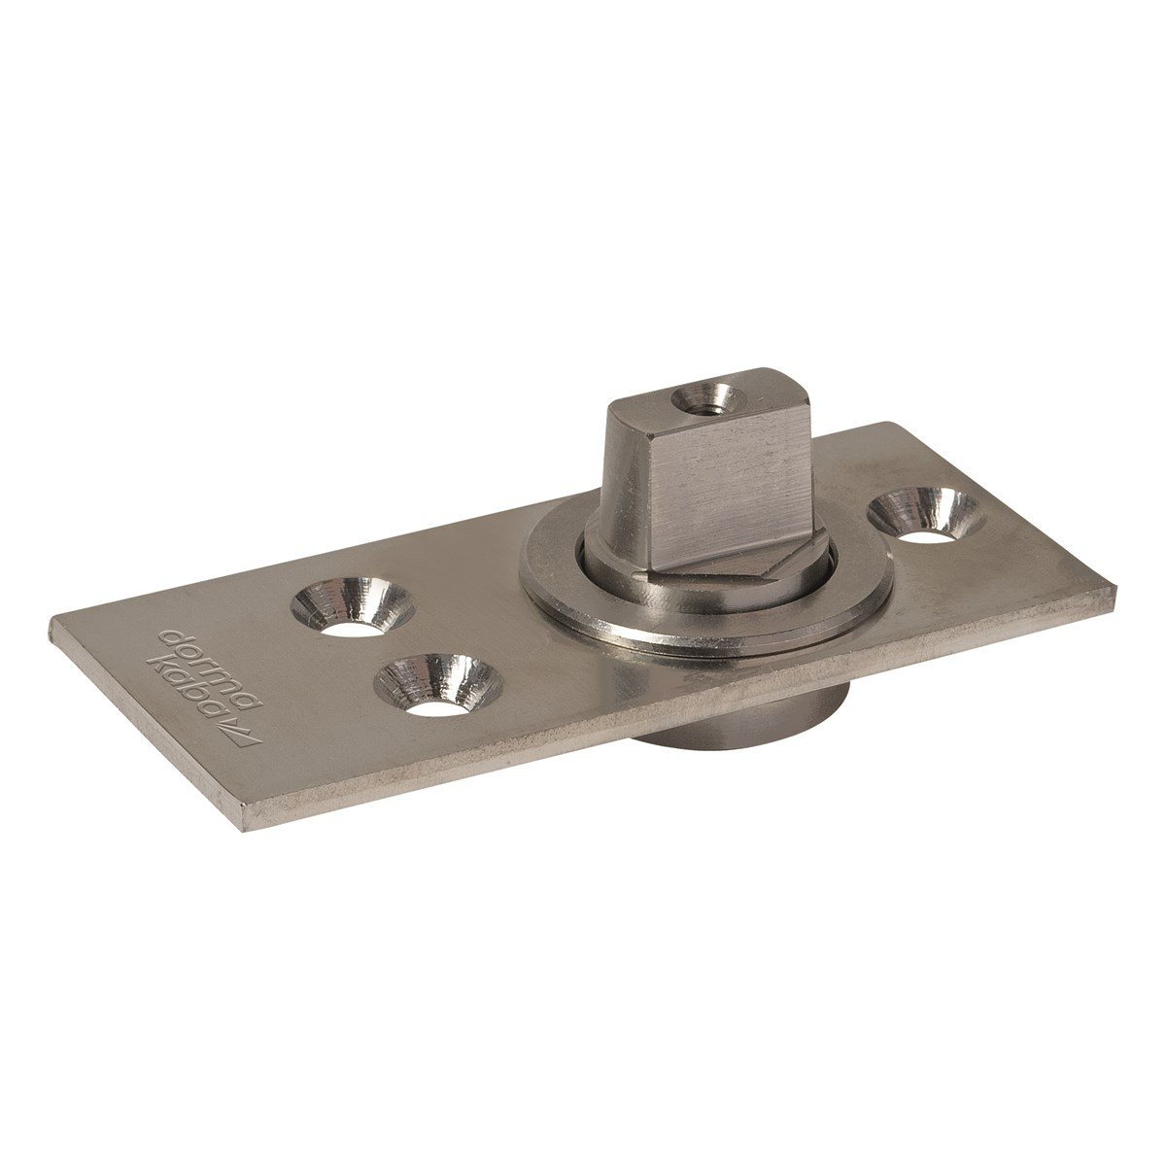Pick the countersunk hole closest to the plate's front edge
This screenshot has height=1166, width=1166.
(x=437, y=686)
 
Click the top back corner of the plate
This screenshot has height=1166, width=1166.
(x=889, y=425)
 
